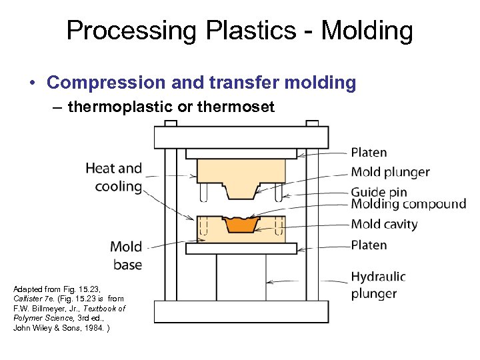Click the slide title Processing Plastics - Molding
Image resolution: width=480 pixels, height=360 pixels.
tap(239, 31)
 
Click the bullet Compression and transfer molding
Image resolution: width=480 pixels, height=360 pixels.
tap(201, 83)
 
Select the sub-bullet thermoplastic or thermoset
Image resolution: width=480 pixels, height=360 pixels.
tap(170, 107)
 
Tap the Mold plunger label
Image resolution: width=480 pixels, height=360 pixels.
tap(390, 172)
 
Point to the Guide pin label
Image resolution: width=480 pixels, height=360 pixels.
tap(378, 191)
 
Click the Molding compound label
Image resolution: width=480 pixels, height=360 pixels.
tap(408, 204)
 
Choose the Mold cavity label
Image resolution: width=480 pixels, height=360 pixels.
tap(384, 224)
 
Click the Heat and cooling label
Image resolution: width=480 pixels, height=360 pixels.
tap(114, 177)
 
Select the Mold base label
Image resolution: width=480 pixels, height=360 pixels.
tap(126, 255)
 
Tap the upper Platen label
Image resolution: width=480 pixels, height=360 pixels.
tap(369, 153)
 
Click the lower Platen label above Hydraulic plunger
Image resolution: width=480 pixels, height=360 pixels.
tap(369, 245)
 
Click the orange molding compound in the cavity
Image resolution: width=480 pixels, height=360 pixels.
tap(241, 225)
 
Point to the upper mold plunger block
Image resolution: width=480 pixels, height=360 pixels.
tap(241, 172)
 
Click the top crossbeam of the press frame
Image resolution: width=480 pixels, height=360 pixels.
tap(241, 137)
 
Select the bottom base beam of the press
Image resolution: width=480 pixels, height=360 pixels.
tap(241, 311)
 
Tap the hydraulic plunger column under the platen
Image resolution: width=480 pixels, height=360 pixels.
tap(241, 277)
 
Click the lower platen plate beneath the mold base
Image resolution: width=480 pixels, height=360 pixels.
tap(241, 249)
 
